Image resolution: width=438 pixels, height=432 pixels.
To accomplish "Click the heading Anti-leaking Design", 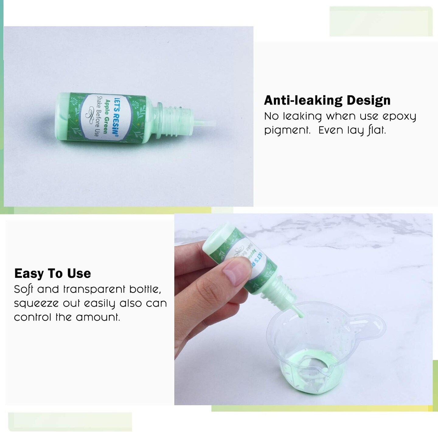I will pos(327,100).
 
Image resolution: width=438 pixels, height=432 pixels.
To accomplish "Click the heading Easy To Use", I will pos(52,274).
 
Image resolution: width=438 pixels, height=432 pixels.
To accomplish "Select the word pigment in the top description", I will pos(287,131).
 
